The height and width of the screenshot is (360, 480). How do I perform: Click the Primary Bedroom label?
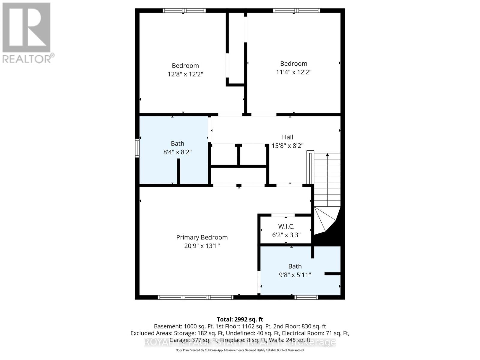202,237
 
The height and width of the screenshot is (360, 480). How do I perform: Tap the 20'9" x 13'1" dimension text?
202,246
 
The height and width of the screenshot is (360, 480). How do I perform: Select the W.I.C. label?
286,226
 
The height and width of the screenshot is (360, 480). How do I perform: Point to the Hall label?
287,137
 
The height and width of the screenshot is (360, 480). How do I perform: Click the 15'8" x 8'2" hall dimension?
287,146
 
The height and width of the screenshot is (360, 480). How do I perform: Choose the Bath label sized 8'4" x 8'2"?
178,143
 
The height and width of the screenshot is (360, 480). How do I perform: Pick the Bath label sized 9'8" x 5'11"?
295,266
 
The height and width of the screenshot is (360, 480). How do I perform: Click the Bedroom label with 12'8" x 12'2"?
185,65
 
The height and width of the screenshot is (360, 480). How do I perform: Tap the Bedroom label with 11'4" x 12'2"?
293,63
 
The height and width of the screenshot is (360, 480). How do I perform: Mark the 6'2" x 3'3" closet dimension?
286,235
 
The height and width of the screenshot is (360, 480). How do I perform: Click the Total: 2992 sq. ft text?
240,319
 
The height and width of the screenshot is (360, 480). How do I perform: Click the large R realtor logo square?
26,27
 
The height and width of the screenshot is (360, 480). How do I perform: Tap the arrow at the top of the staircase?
327,155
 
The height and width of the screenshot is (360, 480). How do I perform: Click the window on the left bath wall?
137,148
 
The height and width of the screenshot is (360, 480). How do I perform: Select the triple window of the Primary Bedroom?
196,297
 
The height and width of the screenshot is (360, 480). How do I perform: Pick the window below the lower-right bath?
306,297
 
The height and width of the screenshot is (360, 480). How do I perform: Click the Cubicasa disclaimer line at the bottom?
240,350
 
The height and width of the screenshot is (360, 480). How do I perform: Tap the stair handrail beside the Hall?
310,167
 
